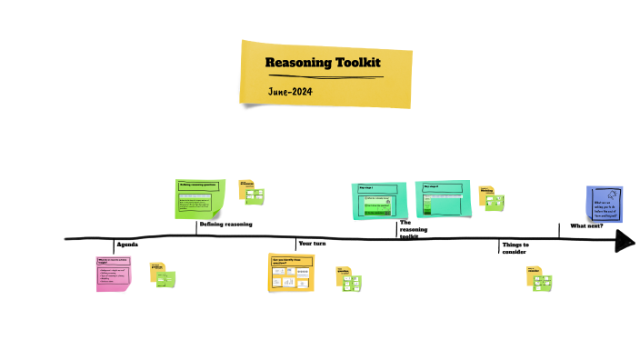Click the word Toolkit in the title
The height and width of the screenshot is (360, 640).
coord(356,63)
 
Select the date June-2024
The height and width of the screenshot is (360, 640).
coord(292,92)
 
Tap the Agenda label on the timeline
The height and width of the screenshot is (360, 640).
coord(127,246)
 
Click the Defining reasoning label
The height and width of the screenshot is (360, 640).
coord(226,224)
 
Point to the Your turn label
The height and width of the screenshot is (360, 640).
coord(312,244)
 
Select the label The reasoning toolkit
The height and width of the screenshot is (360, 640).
coord(413,230)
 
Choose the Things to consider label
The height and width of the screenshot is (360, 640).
coord(515,248)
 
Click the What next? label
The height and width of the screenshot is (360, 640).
coord(586,225)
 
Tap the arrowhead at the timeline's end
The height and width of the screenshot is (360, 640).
coord(625,241)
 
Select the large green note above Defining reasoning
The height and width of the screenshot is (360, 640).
coord(200,198)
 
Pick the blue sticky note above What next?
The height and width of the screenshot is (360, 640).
coord(605,204)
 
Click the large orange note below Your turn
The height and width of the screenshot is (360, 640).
coord(291,273)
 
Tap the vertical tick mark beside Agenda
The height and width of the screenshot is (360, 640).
coord(114,245)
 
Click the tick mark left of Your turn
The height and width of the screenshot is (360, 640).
coord(295,244)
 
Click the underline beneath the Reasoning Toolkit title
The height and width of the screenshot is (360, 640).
coord(323,75)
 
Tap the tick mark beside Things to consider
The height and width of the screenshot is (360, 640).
coord(499,246)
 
